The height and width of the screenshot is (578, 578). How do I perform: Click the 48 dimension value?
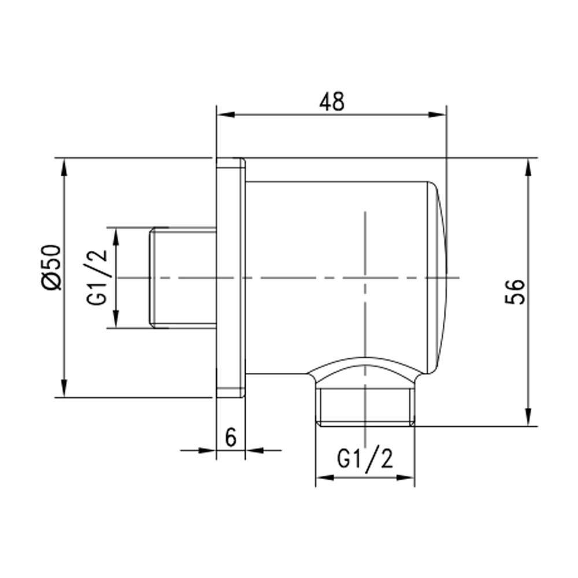click(331, 101)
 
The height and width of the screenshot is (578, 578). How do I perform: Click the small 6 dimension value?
click(230, 438)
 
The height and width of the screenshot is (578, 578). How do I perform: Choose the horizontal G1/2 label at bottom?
click(365, 461)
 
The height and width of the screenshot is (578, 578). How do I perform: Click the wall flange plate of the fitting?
click(230, 277)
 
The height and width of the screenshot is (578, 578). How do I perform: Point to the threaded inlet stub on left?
click(182, 278)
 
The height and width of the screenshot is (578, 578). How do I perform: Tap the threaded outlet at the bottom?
click(365, 407)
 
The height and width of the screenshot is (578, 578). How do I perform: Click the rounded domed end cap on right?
click(439, 277)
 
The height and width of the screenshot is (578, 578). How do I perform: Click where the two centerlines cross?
click(365, 278)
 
